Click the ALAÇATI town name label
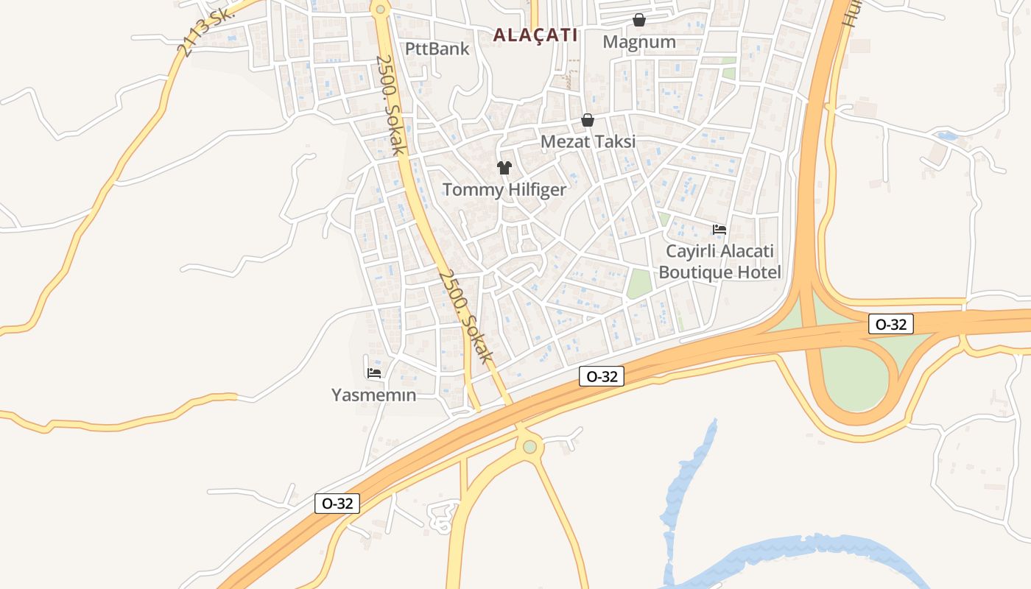click(x=535, y=35)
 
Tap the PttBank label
click(x=437, y=49)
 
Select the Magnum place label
click(x=639, y=42)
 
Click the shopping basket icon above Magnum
click(x=639, y=20)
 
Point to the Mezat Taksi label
click(x=588, y=141)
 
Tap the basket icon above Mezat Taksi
click(x=588, y=119)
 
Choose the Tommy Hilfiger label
click(x=504, y=190)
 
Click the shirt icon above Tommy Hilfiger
click(x=504, y=168)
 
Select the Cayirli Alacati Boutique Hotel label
click(x=719, y=261)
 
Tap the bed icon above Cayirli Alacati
click(x=719, y=230)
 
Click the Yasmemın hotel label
click(x=373, y=395)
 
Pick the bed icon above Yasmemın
click(x=374, y=373)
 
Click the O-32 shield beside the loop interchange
click(x=891, y=324)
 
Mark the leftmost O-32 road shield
click(x=338, y=504)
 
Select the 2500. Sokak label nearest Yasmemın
click(x=466, y=316)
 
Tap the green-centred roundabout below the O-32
click(x=529, y=446)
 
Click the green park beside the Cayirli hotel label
click(x=639, y=284)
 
